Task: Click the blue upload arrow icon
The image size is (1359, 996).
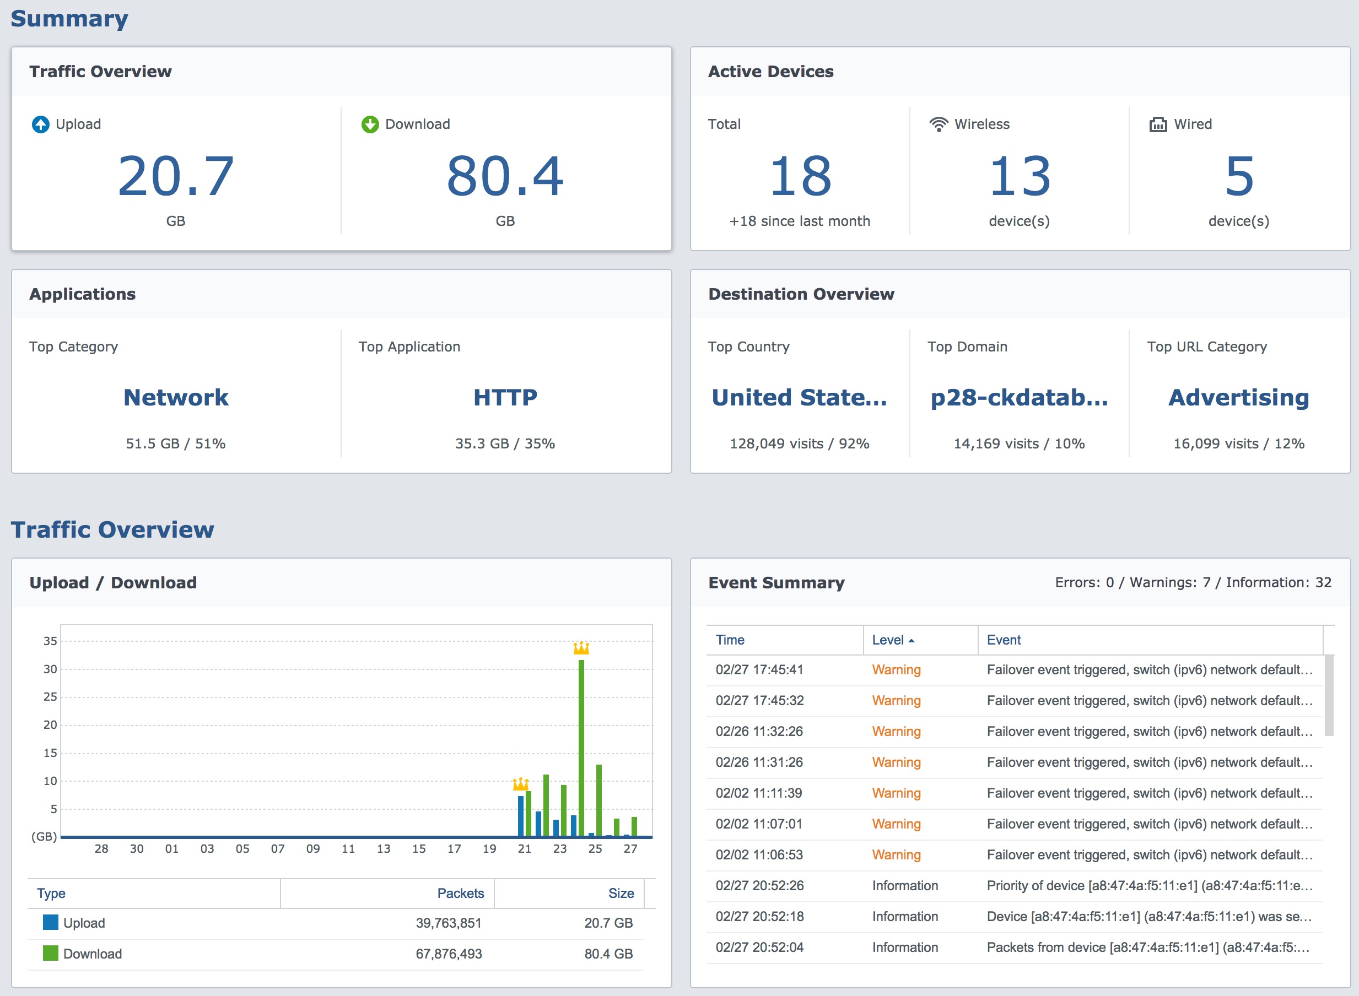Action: [40, 124]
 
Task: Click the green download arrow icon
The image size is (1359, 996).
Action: [370, 124]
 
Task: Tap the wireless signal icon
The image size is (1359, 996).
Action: [939, 124]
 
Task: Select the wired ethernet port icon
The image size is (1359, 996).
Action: [1157, 124]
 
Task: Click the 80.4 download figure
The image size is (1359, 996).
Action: [505, 176]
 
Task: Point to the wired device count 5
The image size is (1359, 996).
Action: [1239, 176]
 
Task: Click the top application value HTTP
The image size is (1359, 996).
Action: [505, 397]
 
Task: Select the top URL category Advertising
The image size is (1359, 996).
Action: [1239, 398]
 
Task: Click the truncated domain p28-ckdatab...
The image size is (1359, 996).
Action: [1020, 398]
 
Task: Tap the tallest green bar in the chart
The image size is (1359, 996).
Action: [581, 748]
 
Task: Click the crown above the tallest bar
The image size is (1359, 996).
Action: [581, 648]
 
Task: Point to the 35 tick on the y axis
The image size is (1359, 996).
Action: [50, 641]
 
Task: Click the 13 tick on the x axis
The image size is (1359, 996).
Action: [384, 849]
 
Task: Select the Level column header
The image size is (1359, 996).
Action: [888, 640]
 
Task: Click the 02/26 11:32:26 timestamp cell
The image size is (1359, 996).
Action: [759, 732]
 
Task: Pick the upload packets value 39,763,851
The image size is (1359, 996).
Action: [449, 923]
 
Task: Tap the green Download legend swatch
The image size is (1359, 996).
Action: [51, 953]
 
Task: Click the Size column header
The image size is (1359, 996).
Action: [621, 894]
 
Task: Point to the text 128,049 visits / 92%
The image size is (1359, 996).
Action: [799, 444]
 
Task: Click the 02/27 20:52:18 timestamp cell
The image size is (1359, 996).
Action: [759, 917]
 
